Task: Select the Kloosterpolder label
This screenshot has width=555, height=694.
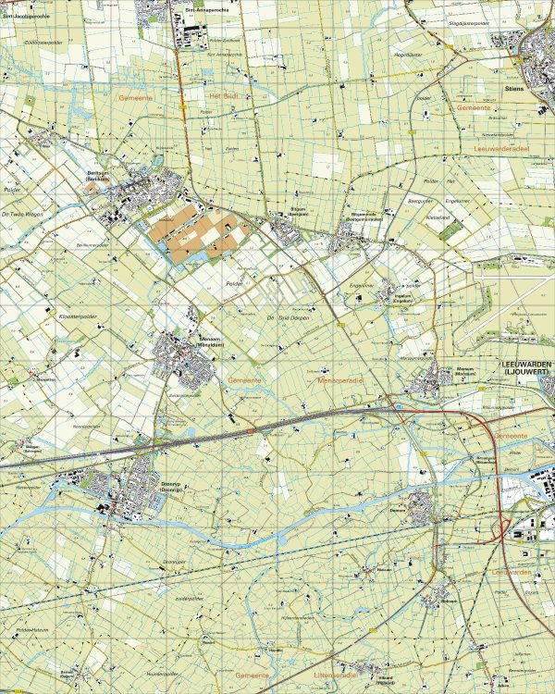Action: (x=77, y=316)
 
